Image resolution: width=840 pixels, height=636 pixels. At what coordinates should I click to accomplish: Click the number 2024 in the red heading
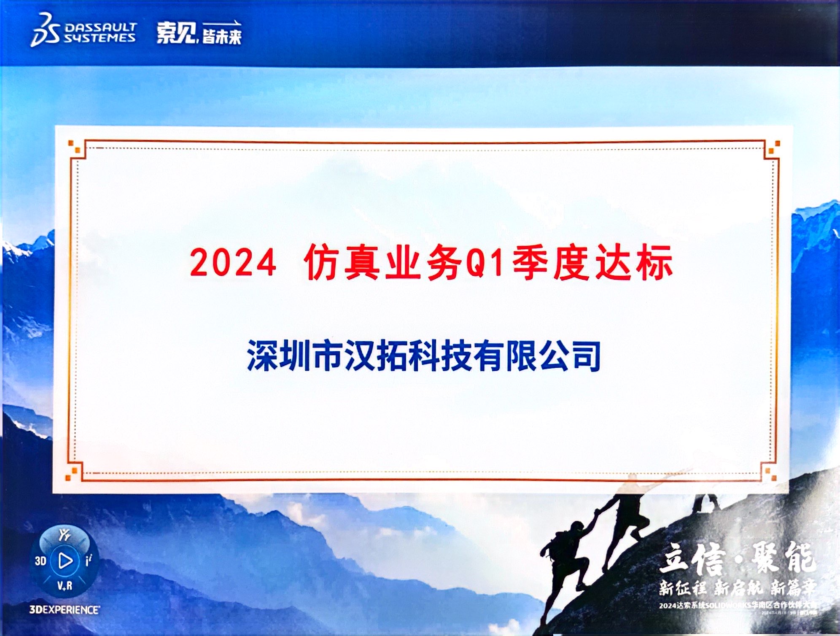(x=233, y=263)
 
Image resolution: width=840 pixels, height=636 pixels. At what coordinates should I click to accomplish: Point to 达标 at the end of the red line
(x=633, y=263)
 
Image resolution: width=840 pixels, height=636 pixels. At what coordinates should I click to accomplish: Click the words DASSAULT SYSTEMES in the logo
(x=100, y=32)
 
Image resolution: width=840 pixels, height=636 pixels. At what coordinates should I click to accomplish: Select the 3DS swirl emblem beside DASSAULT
(x=45, y=30)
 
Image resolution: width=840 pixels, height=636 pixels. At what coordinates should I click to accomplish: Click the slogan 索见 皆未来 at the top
(x=199, y=33)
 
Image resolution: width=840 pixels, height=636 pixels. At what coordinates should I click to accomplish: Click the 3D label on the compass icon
(x=40, y=561)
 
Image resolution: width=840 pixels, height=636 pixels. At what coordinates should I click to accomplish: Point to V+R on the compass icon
(x=65, y=586)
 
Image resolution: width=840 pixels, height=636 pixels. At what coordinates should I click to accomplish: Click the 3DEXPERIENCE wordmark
(x=65, y=610)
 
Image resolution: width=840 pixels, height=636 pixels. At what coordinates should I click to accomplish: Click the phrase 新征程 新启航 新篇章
(x=737, y=587)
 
